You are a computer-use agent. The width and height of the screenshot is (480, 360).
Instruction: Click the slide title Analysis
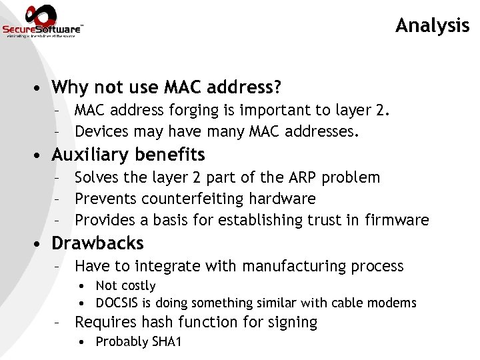coord(432,25)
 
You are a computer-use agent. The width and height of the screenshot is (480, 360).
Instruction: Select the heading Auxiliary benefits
coord(128,155)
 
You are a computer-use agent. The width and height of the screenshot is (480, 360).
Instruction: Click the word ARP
coord(303,177)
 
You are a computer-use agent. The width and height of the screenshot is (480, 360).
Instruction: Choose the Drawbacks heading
coord(97,243)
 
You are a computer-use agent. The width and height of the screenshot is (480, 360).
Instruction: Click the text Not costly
coord(126,286)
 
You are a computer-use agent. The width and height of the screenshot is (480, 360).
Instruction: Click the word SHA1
coord(165,342)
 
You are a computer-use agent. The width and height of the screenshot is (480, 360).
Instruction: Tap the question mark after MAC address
coord(277,87)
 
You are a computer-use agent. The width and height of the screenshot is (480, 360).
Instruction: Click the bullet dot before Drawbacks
coord(41,244)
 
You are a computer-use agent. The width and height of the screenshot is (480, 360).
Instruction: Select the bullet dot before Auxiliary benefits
coord(41,155)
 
